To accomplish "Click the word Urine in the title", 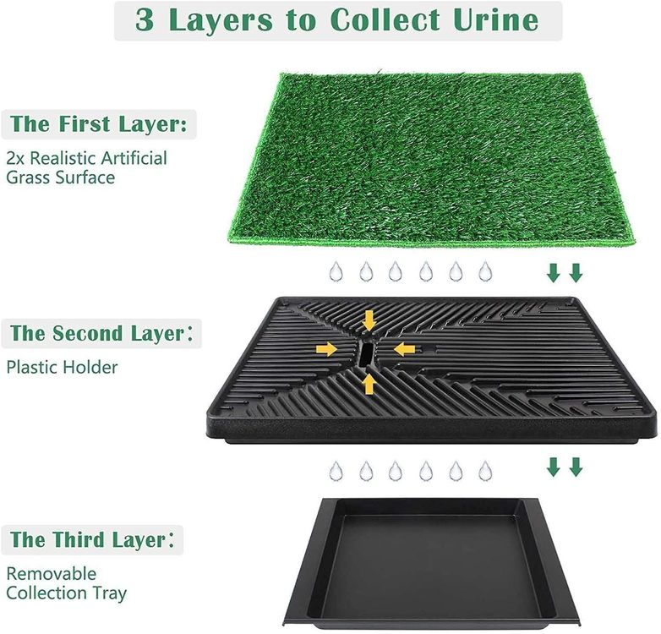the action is (x=495, y=19).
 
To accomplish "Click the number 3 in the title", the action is (x=145, y=19).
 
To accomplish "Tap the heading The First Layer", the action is (x=98, y=124).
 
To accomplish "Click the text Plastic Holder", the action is (x=62, y=367).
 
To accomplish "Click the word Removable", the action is (x=52, y=574).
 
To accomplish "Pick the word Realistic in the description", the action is (x=63, y=158).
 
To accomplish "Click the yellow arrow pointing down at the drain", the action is (x=369, y=320).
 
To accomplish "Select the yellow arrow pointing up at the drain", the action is (x=369, y=384).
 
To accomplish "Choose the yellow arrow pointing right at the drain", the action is (x=327, y=349).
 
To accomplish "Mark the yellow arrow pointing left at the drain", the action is (x=405, y=349).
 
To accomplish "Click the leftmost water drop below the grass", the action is (x=336, y=271).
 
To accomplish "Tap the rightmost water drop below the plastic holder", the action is (x=486, y=471).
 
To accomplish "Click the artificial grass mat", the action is (x=431, y=159).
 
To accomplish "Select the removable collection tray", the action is (x=430, y=563).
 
